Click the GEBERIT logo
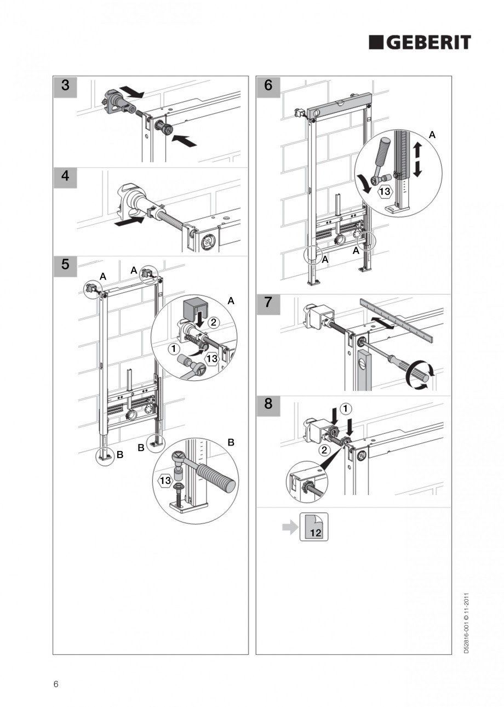pos(419,42)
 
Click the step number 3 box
pos(65,85)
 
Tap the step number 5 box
pos(65,265)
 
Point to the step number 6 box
pos(268,85)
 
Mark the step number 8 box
pos(268,405)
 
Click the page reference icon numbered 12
pos(314,527)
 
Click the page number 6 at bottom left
pos(56,683)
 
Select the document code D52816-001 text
pos(466,623)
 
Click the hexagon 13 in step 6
pos(385,191)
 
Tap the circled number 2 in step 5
pos(214,323)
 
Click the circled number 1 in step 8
pos(346,408)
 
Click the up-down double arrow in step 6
pos(417,159)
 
